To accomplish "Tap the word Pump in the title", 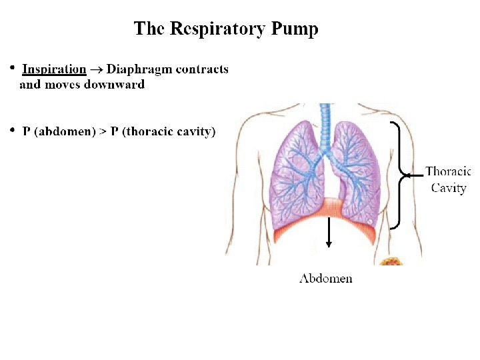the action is (x=294, y=30).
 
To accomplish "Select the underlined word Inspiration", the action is (x=54, y=69).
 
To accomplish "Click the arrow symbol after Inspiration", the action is (x=97, y=69).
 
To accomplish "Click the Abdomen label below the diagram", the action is (x=325, y=278).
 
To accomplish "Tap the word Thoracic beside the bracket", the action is (x=448, y=171).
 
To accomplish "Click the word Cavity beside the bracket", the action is (x=448, y=188).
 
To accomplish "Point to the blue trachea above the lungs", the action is (x=325, y=123).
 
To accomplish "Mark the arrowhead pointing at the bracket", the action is (x=404, y=175).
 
